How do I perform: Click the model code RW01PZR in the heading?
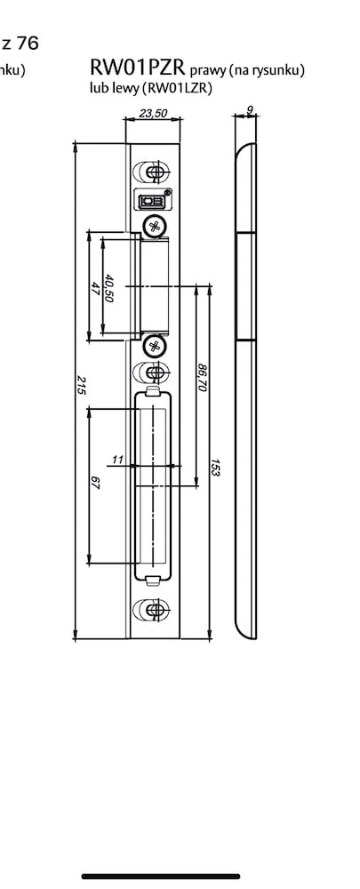click(137, 68)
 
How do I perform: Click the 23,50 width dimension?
click(153, 113)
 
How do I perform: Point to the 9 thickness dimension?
click(250, 109)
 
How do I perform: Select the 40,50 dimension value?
click(109, 289)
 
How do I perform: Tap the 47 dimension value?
click(95, 287)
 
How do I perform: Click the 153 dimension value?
click(215, 469)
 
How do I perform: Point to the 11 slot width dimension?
click(117, 460)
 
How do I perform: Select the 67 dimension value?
click(95, 484)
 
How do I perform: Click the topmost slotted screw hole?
click(151, 172)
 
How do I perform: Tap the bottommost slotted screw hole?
click(151, 610)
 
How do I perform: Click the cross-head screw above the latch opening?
click(153, 226)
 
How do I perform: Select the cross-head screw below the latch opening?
click(153, 345)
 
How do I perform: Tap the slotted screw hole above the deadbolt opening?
click(151, 372)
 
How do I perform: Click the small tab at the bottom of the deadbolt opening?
click(152, 580)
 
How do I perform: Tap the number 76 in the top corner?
click(28, 43)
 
